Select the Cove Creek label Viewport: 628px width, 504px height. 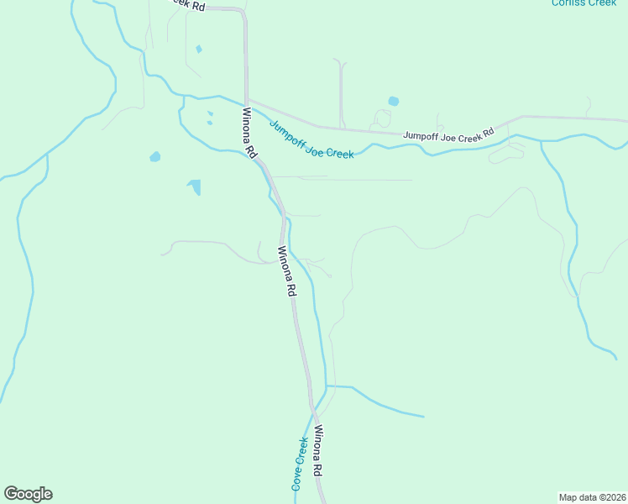point(300,464)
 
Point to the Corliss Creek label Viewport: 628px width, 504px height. point(584,3)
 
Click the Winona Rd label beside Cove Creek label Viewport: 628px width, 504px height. point(319,451)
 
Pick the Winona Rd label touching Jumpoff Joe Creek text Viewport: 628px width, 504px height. point(249,133)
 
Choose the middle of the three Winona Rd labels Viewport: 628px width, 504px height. point(287,271)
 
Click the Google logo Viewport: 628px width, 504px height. point(28,494)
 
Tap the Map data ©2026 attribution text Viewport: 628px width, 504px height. point(592,496)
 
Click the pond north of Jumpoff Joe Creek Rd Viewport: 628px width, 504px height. point(393,102)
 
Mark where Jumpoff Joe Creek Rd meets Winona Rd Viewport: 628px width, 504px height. point(247,99)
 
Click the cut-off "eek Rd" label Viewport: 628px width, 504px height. point(186,5)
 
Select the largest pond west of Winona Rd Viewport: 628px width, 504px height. point(195,186)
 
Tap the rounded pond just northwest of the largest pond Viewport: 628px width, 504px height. point(154,156)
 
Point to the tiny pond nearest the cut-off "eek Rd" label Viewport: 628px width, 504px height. point(198,49)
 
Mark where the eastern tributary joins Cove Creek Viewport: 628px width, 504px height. point(326,386)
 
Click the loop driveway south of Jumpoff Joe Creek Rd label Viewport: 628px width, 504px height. point(505,155)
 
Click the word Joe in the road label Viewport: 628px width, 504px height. point(454,134)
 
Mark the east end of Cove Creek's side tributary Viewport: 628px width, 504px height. point(423,416)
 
